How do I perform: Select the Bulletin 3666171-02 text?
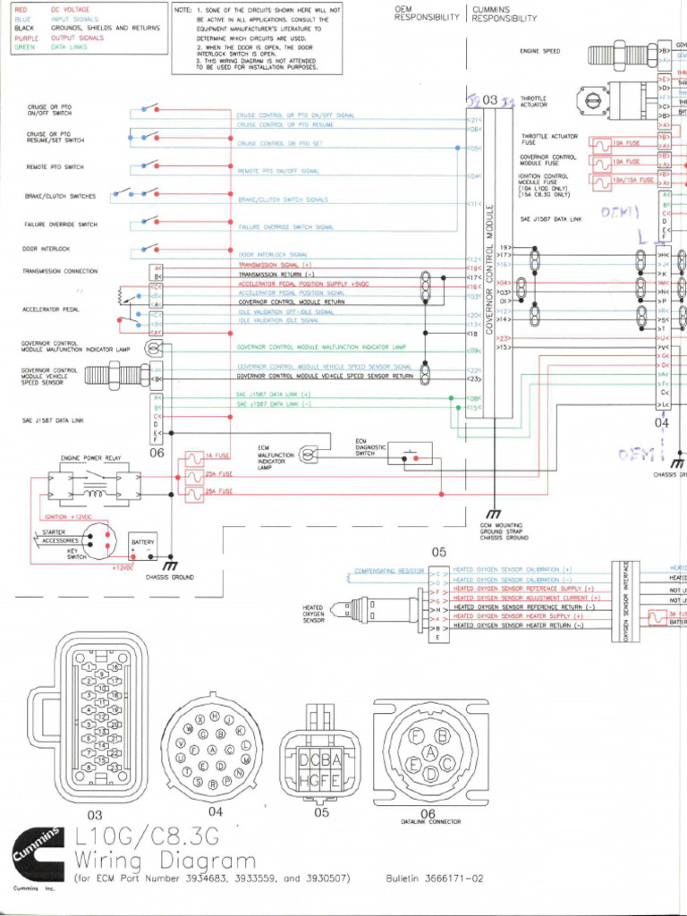coord(435,879)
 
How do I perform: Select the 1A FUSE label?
coord(217,456)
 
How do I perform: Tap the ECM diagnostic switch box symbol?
coord(410,454)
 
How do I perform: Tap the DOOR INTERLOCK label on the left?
coord(47,249)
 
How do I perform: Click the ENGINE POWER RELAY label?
coord(89,458)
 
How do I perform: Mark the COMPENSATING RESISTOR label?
coord(388,570)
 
